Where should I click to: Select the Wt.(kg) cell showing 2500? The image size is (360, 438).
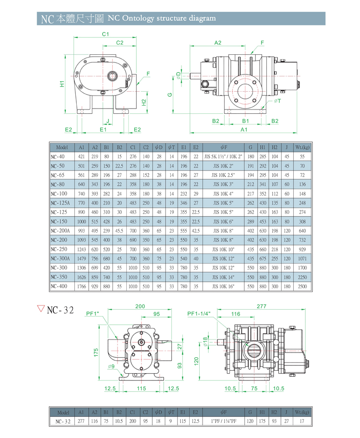[302, 286]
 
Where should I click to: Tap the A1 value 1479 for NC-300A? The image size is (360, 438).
[81, 258]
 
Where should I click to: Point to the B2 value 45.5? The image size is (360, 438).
[120, 231]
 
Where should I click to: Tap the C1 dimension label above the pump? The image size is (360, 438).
[106, 34]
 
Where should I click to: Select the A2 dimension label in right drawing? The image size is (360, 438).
[217, 43]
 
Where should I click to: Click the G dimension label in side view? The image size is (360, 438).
[170, 94]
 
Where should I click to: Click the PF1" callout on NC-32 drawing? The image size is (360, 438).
[93, 314]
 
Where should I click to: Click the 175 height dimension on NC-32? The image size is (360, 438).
[96, 353]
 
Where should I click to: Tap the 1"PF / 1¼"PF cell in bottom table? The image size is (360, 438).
[224, 421]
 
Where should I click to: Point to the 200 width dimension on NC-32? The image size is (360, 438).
[140, 306]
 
